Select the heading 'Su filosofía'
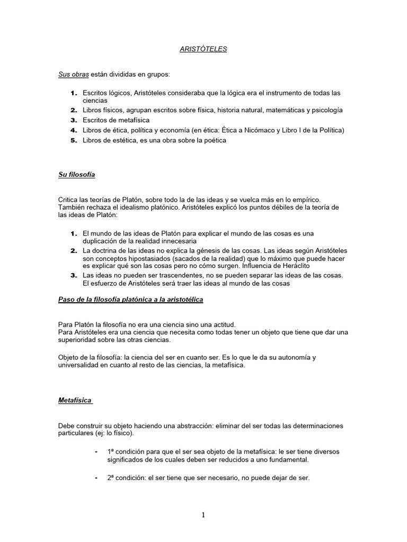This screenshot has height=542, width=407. pyautogui.click(x=76, y=174)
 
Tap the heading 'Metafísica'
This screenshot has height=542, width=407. pyautogui.click(x=75, y=400)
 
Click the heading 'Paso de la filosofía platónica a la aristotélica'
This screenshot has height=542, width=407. pyautogui.click(x=130, y=300)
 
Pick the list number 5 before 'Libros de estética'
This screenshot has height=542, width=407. pyautogui.click(x=74, y=140)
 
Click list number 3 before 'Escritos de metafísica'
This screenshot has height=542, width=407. pyautogui.click(x=74, y=120)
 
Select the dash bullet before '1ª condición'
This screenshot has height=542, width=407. pyautogui.click(x=95, y=451)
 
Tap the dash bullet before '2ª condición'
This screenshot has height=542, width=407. pyautogui.click(x=95, y=477)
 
